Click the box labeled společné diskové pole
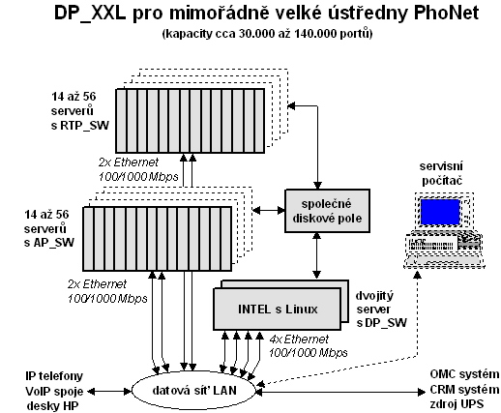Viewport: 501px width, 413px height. point(327,211)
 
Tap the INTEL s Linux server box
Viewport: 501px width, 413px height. point(278,309)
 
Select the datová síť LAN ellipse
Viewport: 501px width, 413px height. point(194,391)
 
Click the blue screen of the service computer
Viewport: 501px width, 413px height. point(440,212)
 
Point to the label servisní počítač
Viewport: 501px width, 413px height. point(441,173)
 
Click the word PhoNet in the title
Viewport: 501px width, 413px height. point(446,14)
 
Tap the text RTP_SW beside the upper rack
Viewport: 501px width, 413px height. point(84,126)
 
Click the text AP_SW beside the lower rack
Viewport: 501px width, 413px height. point(53,243)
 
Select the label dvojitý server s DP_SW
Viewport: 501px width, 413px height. point(381,310)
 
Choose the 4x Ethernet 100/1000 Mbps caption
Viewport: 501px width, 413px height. point(309,346)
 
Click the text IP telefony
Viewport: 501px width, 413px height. point(54,376)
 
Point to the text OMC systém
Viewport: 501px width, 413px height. point(464,374)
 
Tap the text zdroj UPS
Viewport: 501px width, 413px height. point(457,403)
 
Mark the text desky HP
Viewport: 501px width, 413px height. point(52,405)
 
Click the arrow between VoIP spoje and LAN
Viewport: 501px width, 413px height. point(109,392)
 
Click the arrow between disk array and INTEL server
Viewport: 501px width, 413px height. point(317,255)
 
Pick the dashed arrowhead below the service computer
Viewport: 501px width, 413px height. point(418,275)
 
